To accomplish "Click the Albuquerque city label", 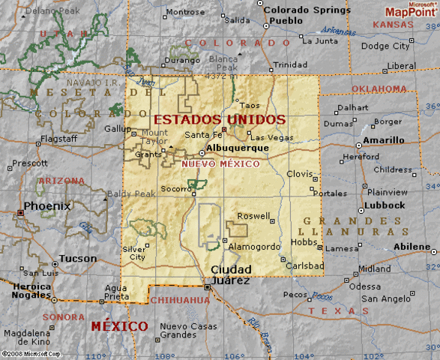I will [x=237, y=148].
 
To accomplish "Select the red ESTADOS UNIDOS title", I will [x=220, y=119].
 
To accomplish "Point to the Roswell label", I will [x=253, y=216].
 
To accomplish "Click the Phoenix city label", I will [x=47, y=205].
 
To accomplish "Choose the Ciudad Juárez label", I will [x=230, y=275].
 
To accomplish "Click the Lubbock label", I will [x=387, y=205].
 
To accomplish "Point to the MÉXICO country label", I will [x=119, y=326].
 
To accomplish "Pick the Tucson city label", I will [x=78, y=259].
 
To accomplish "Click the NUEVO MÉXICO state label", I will [x=220, y=163].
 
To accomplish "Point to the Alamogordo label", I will [x=254, y=246].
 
